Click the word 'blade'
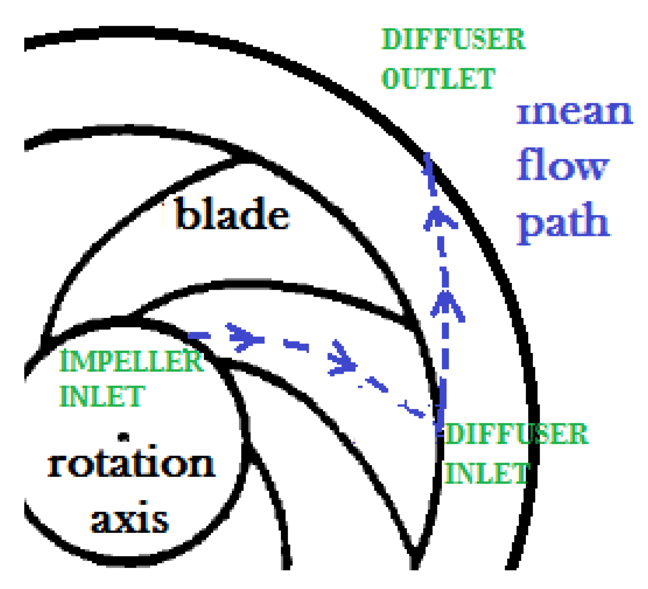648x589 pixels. click(x=232, y=214)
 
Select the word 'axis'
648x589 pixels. click(x=129, y=519)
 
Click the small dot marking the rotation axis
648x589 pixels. click(x=123, y=437)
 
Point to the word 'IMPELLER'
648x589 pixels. click(x=131, y=361)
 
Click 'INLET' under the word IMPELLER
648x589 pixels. click(x=102, y=396)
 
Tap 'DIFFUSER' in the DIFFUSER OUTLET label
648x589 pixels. click(x=453, y=39)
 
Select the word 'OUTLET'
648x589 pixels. click(x=438, y=78)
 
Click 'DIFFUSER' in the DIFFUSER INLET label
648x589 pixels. click(x=516, y=434)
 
